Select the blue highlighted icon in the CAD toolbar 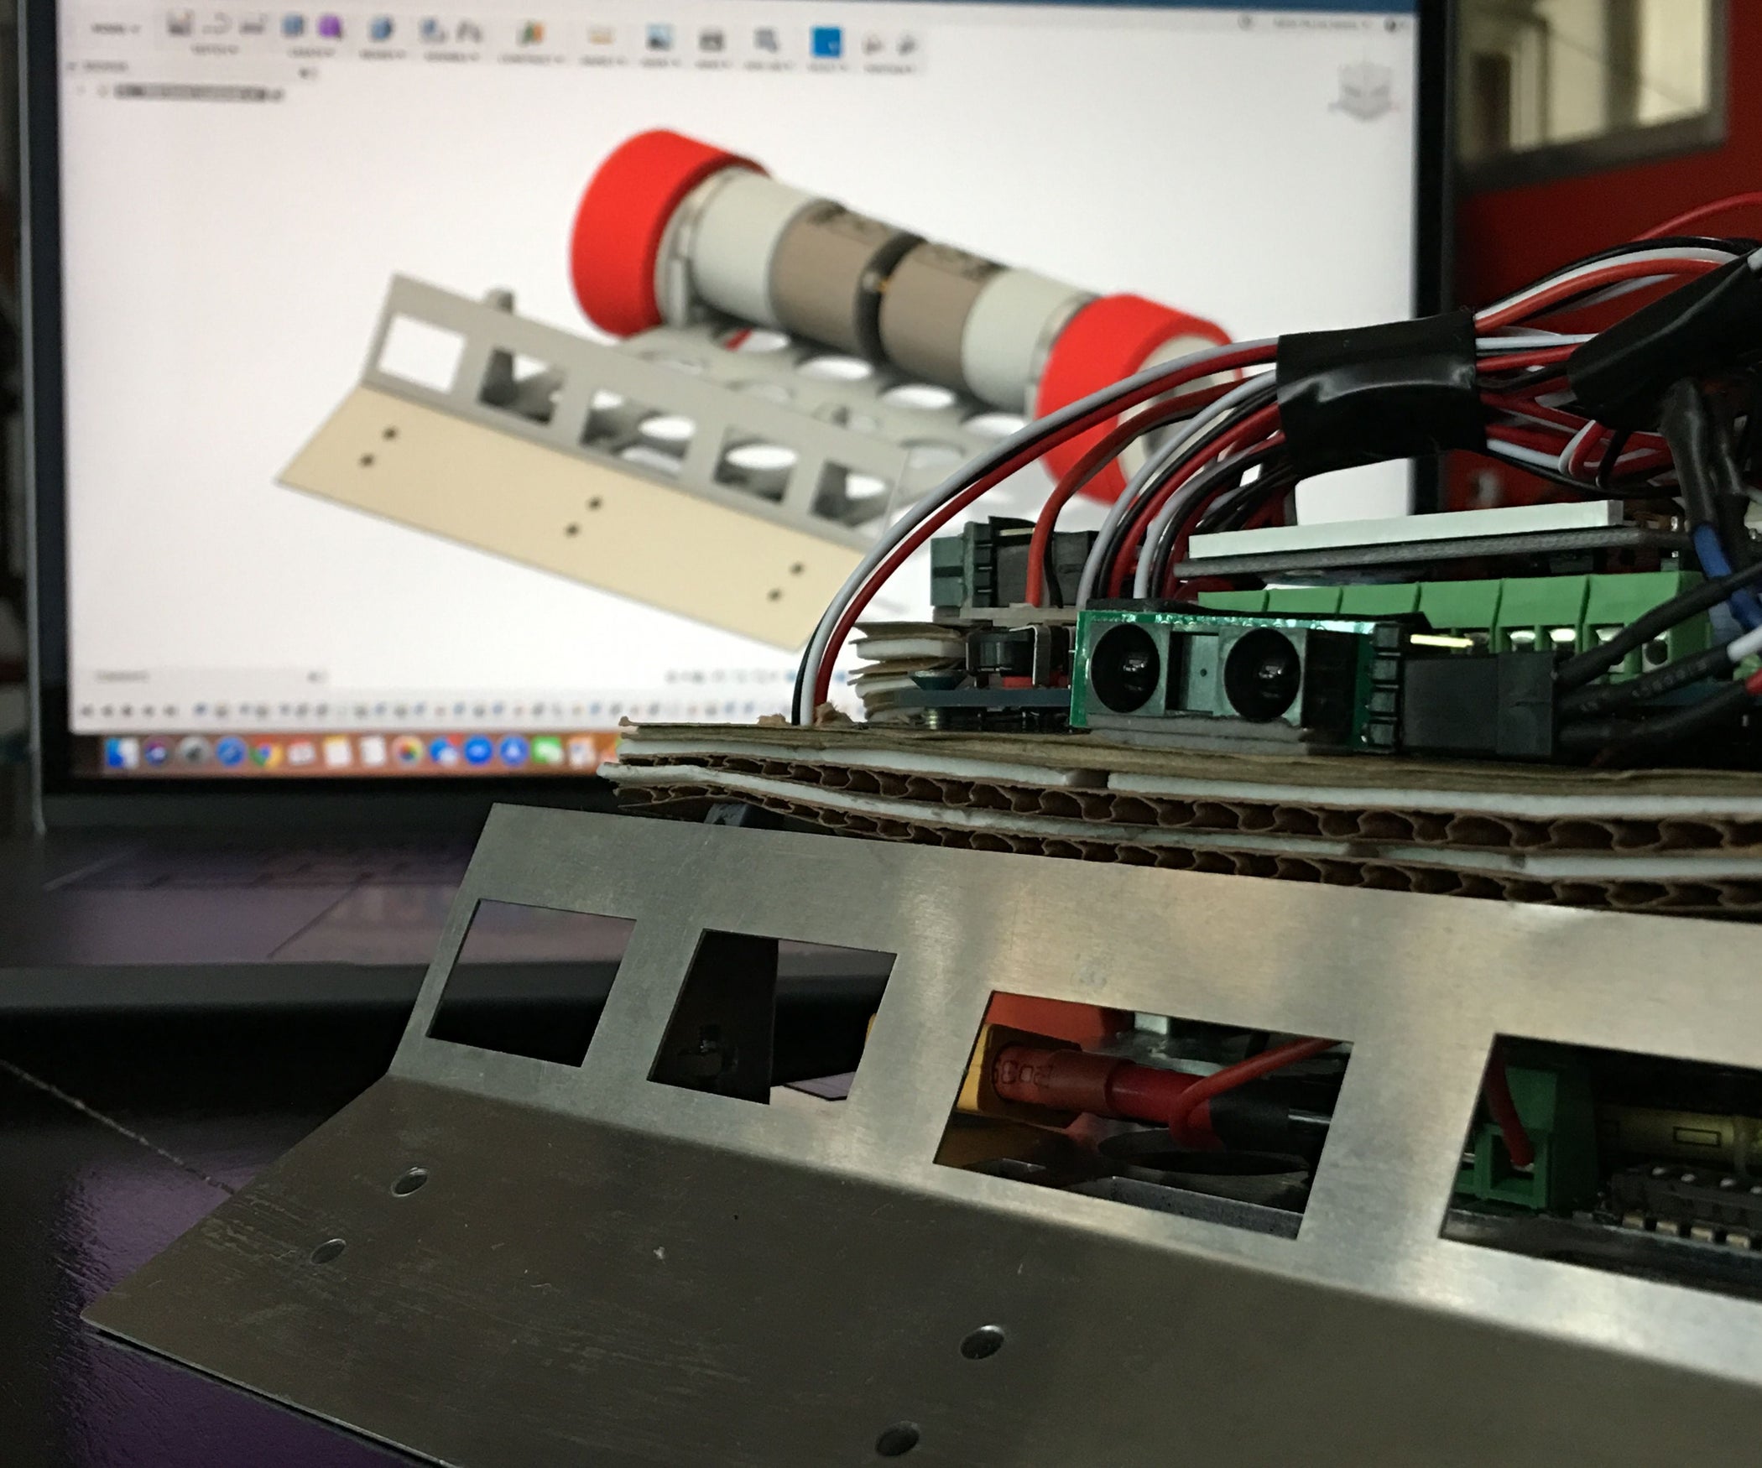point(826,41)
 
